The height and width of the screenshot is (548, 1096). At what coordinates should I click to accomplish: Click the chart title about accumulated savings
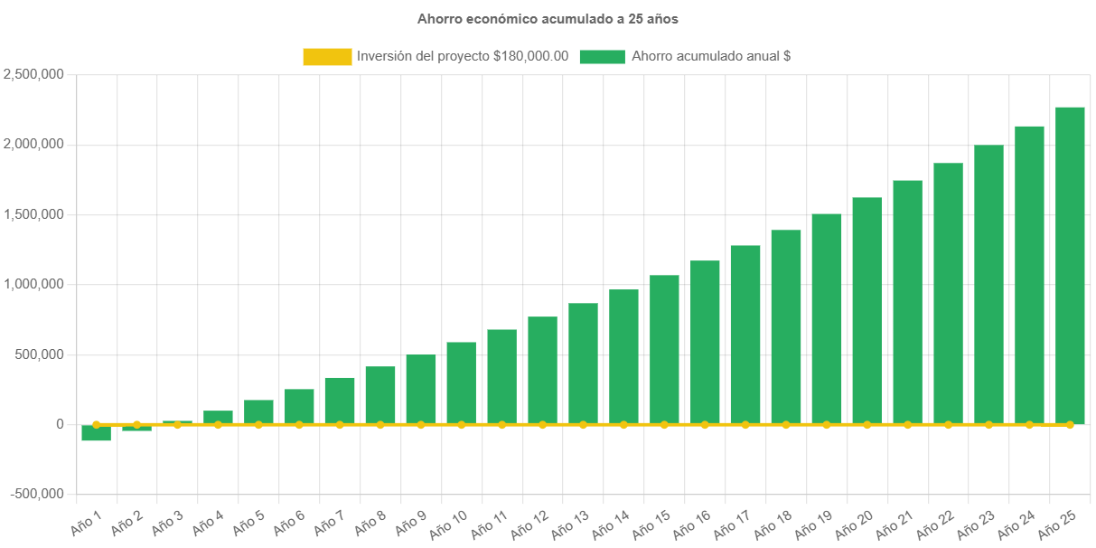pos(548,18)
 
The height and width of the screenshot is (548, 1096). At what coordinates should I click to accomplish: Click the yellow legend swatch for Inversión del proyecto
pos(327,56)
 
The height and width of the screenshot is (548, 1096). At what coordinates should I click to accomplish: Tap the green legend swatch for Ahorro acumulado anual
pos(602,56)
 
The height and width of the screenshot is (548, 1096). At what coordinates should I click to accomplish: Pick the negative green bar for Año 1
pos(96,433)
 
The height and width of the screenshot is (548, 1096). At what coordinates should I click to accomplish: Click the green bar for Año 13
pos(583,363)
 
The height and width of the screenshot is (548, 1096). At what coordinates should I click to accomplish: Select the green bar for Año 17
pos(745,334)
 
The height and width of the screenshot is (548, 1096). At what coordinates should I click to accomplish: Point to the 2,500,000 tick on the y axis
pos(33,74)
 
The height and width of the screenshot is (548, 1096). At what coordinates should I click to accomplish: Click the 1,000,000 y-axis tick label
pos(33,284)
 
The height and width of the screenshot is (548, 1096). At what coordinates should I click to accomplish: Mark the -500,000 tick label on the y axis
pos(37,494)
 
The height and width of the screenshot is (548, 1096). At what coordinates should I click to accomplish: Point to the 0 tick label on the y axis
pos(60,424)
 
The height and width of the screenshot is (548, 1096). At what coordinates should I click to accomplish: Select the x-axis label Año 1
pos(87,521)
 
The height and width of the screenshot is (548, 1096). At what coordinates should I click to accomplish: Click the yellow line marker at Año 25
pos(1070,424)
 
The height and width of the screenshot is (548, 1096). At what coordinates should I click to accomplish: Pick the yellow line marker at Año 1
pos(96,424)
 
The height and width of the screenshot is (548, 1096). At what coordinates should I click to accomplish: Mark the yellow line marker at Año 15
pos(664,424)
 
